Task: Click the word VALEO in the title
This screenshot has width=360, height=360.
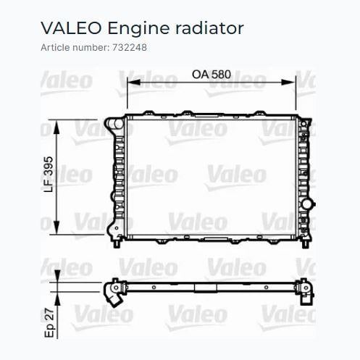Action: point(71,28)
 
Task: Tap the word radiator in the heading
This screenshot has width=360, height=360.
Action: point(209,28)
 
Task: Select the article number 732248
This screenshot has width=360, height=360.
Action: point(130,47)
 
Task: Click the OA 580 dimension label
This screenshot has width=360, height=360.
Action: point(212,75)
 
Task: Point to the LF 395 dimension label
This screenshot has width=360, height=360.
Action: point(49,175)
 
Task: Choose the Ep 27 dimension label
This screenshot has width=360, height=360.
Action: point(49,323)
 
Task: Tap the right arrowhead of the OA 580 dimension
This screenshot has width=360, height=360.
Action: point(288,83)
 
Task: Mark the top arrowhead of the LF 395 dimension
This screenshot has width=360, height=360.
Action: point(56,127)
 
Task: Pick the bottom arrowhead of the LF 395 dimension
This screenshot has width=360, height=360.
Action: point(56,227)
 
